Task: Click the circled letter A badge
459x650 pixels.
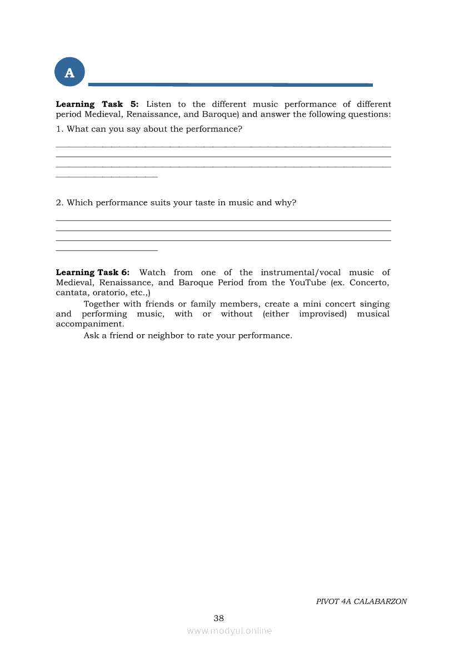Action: (x=69, y=72)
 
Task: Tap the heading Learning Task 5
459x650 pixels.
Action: (x=97, y=105)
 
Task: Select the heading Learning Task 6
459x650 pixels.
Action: (x=92, y=272)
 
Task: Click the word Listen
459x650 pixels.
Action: (x=158, y=105)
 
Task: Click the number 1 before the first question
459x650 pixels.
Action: (x=58, y=129)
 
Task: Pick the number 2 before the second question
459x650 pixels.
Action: (x=58, y=203)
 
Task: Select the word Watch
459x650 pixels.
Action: (x=152, y=272)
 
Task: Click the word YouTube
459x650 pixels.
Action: (x=307, y=282)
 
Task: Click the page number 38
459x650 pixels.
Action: (x=219, y=618)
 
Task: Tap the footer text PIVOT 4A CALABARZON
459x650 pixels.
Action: (x=361, y=602)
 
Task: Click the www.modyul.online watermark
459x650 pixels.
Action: (x=229, y=631)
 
